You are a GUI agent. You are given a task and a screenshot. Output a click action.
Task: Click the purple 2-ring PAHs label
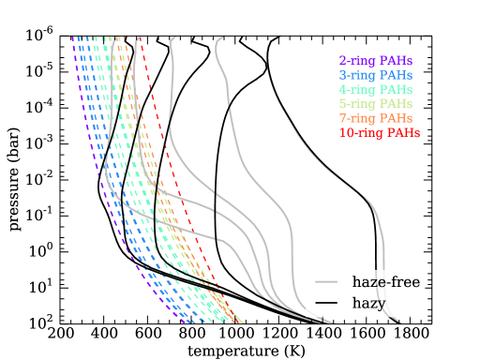click(x=375, y=61)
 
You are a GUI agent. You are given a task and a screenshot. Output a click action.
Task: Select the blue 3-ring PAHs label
click(x=375, y=75)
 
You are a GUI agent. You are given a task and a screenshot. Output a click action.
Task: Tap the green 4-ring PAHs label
click(x=375, y=89)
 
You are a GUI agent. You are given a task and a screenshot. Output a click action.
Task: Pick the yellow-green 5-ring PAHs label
click(x=375, y=103)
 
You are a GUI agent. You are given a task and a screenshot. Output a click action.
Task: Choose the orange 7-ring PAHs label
click(x=375, y=118)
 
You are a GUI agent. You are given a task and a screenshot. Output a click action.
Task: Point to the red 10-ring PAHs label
click(x=379, y=133)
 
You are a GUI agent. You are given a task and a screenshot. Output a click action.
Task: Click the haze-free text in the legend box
click(x=386, y=281)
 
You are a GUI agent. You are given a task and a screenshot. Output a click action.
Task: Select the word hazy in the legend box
click(x=368, y=304)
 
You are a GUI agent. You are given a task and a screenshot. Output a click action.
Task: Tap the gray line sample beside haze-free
click(x=326, y=281)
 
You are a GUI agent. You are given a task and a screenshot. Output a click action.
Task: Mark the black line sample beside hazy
click(x=326, y=304)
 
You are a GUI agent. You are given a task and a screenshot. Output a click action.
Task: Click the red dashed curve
click(x=178, y=187)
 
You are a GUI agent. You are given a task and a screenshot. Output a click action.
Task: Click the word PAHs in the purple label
click(x=397, y=61)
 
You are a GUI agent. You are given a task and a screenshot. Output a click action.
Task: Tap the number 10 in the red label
click(x=345, y=133)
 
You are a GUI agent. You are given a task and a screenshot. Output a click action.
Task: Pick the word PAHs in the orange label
click(x=397, y=118)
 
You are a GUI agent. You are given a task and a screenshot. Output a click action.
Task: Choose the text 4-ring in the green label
click(x=357, y=89)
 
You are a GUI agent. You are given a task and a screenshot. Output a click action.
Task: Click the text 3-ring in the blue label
click(x=357, y=75)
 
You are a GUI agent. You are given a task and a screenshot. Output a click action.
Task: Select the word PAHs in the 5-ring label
click(x=397, y=103)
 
